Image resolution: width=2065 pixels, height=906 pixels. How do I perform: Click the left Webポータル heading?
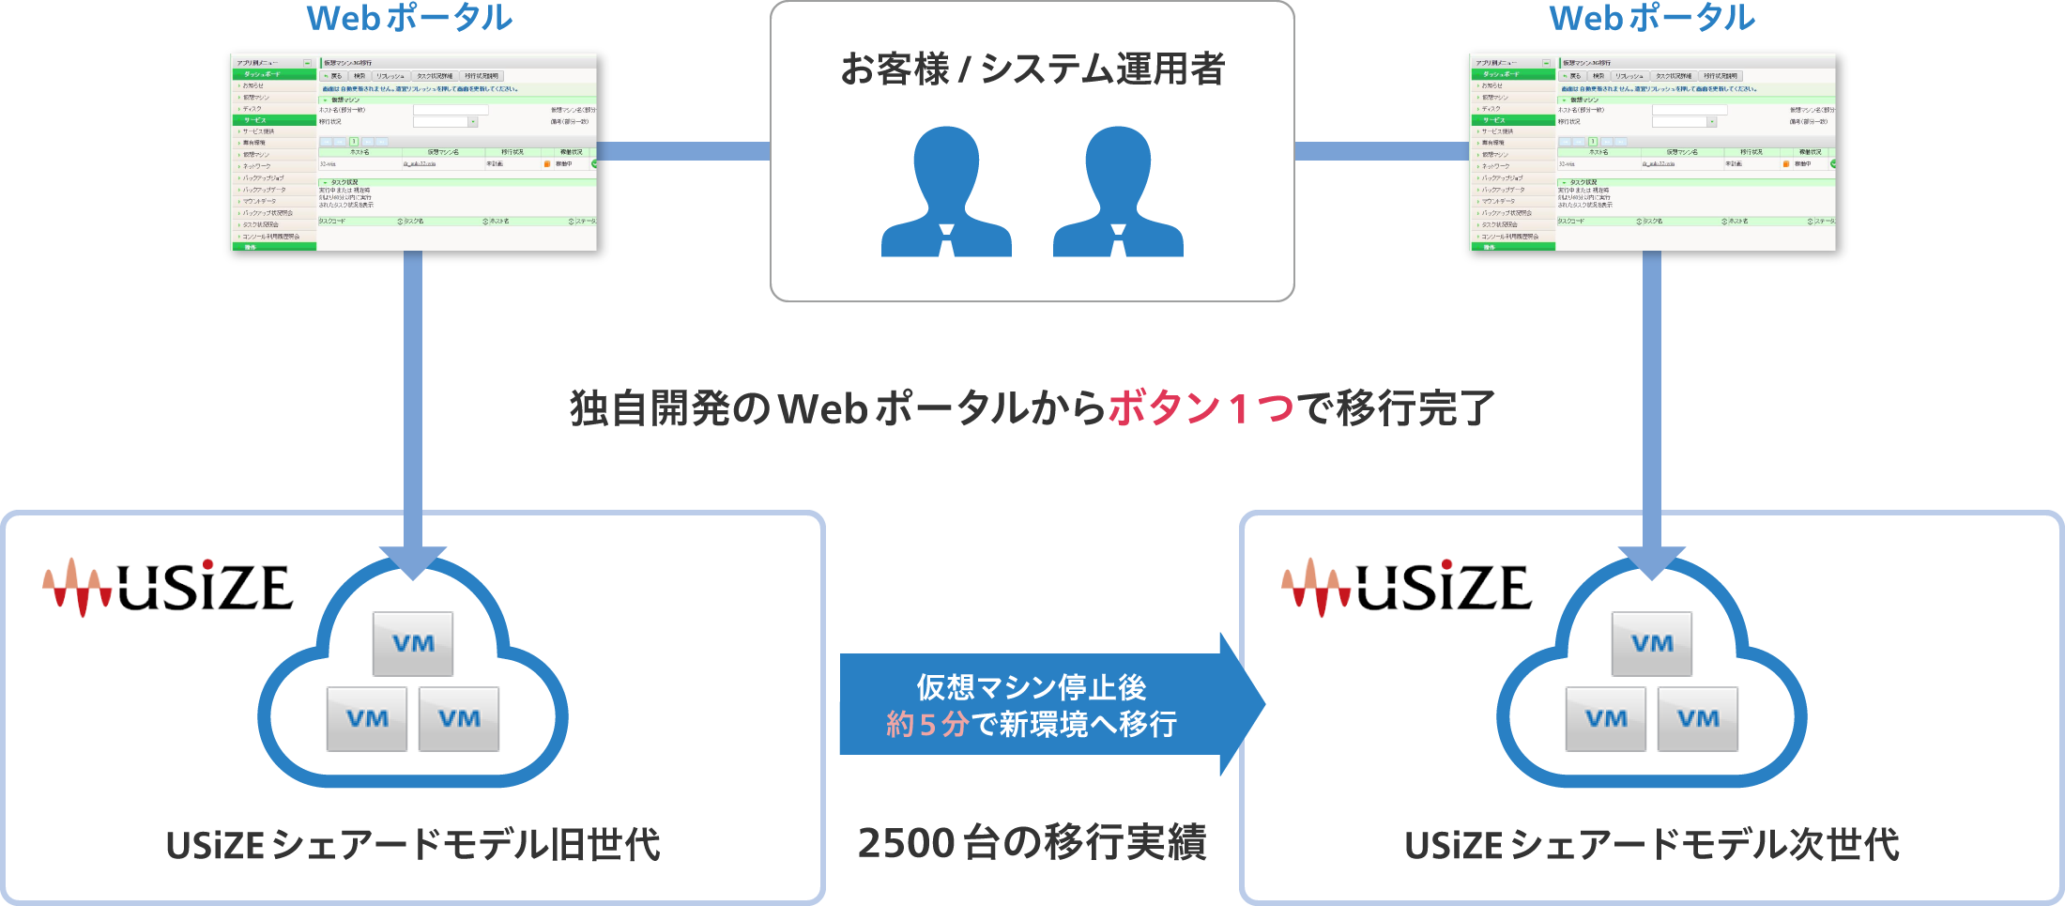tap(409, 19)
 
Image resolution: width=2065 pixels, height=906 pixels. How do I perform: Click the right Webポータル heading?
tap(1651, 19)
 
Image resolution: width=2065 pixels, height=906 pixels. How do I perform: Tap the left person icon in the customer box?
tap(946, 193)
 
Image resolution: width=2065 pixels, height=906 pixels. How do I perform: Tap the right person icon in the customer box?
tap(1118, 193)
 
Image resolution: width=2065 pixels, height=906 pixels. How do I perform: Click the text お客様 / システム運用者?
tap(1032, 69)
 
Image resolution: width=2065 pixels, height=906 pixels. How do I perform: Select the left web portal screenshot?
tap(413, 152)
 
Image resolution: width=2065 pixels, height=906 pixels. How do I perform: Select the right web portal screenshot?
tap(1652, 152)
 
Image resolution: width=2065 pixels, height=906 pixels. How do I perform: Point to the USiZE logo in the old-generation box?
tap(168, 588)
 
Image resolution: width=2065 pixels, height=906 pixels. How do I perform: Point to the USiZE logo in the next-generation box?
tap(1407, 588)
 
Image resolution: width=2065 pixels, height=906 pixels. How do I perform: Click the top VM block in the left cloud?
tap(413, 644)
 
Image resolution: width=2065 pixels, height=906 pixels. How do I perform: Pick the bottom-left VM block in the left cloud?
tap(367, 719)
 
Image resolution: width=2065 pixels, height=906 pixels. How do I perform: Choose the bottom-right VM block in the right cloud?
tap(1698, 719)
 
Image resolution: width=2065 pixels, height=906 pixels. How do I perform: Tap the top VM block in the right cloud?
tap(1652, 644)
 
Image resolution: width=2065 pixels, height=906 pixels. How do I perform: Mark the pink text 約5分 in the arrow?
tap(926, 725)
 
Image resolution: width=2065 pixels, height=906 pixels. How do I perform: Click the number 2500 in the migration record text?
tap(907, 843)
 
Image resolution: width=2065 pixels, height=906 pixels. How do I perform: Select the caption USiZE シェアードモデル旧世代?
tap(413, 845)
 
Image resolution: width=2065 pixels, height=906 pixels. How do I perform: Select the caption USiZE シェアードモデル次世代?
tap(1652, 845)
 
